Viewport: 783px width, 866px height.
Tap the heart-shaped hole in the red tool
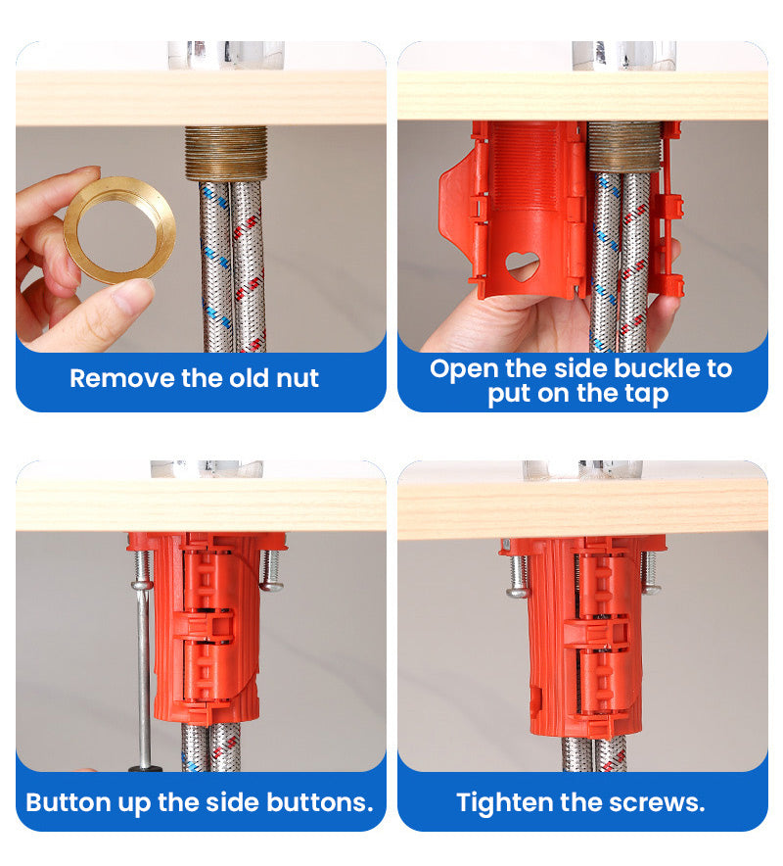pos(522,265)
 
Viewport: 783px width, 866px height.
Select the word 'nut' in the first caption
pos(297,379)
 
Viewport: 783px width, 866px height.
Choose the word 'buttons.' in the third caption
pos(320,802)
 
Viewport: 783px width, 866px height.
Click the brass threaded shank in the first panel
pos(226,154)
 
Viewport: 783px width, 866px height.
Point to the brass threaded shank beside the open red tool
pos(624,146)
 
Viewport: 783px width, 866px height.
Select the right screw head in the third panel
pos(271,584)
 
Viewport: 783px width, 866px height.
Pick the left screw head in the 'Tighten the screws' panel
pos(518,592)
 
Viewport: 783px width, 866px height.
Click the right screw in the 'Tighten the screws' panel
pos(650,572)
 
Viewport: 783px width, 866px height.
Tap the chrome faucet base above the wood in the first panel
pos(226,55)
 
